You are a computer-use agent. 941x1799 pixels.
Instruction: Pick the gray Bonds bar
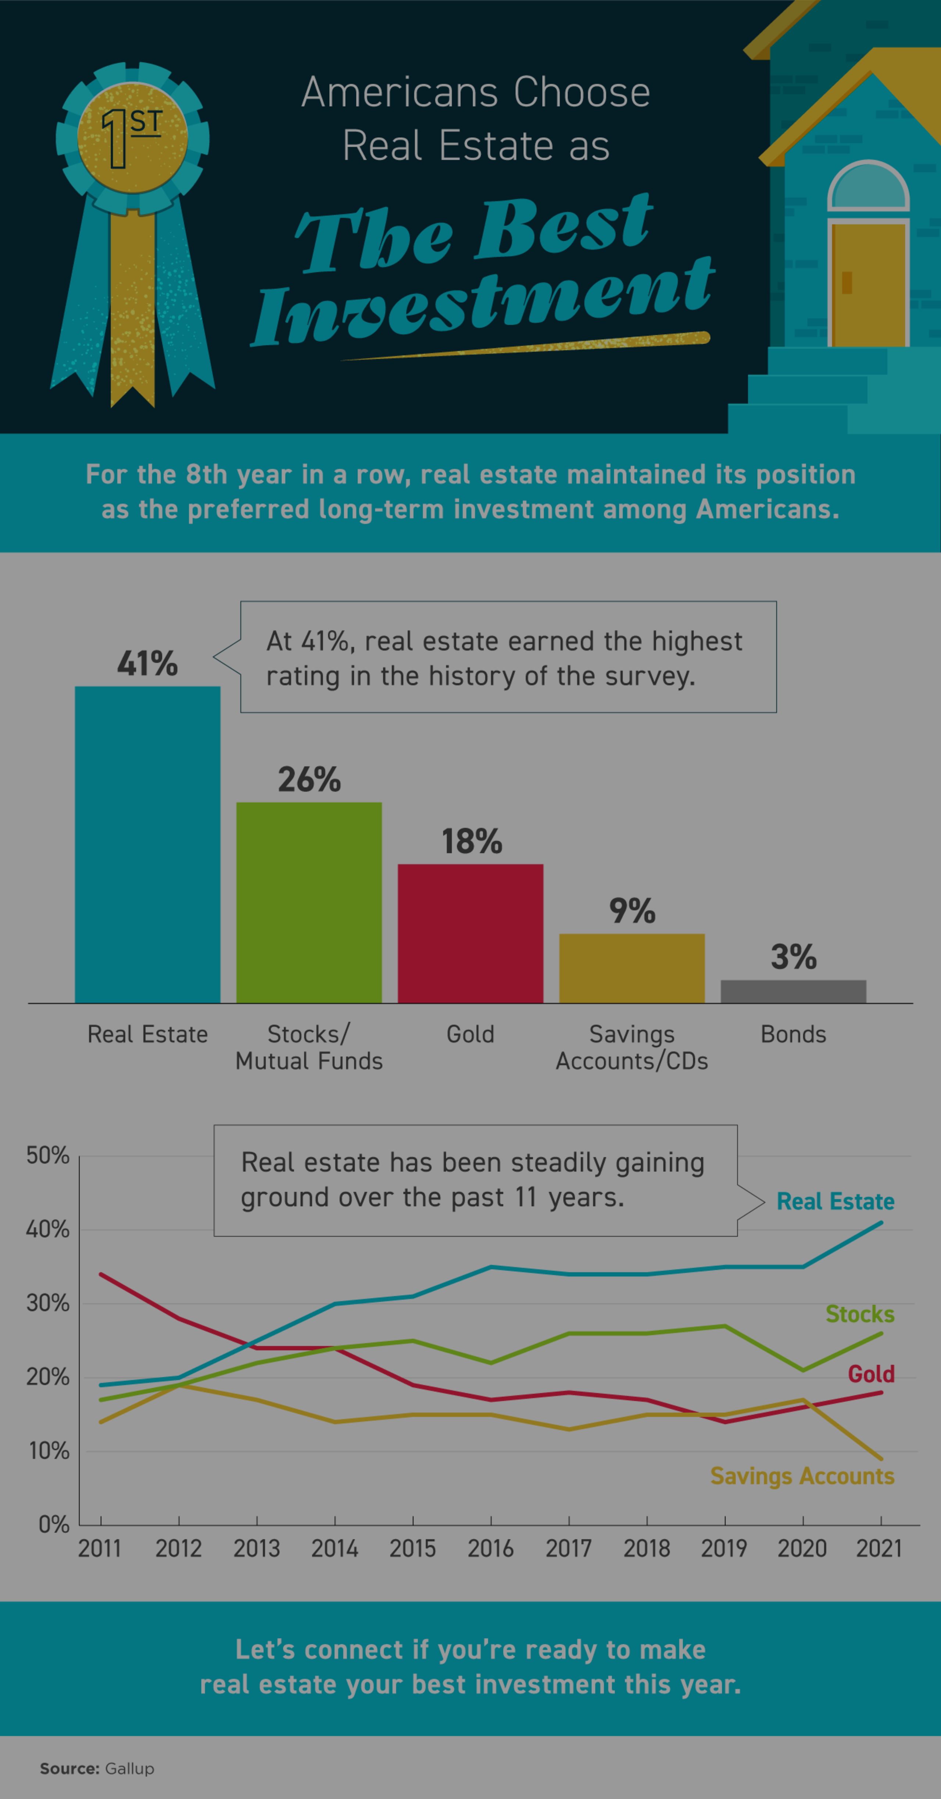793,991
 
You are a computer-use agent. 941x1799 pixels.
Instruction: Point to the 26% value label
309,780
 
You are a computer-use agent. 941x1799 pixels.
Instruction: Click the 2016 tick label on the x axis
490,1548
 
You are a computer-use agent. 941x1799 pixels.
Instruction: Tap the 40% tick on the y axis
47,1229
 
